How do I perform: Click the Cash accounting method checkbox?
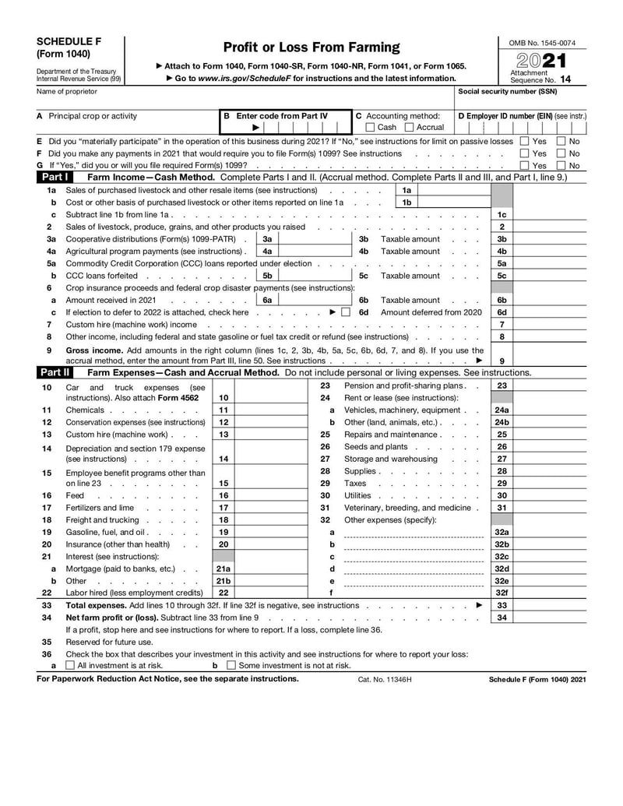point(370,128)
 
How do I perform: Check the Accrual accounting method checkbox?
point(410,128)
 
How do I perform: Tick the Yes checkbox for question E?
point(524,142)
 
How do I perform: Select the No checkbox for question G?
point(561,166)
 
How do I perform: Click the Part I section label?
point(54,178)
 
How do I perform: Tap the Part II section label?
point(54,372)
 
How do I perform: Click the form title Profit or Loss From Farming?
point(311,48)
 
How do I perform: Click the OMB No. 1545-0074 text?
point(543,42)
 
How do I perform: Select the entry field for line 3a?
point(315,239)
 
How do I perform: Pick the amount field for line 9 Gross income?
point(550,361)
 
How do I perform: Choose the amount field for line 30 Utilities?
point(550,495)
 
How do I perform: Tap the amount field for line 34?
point(550,618)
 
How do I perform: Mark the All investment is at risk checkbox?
point(71,666)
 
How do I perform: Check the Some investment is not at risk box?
point(231,666)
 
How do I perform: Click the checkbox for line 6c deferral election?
point(346,312)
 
